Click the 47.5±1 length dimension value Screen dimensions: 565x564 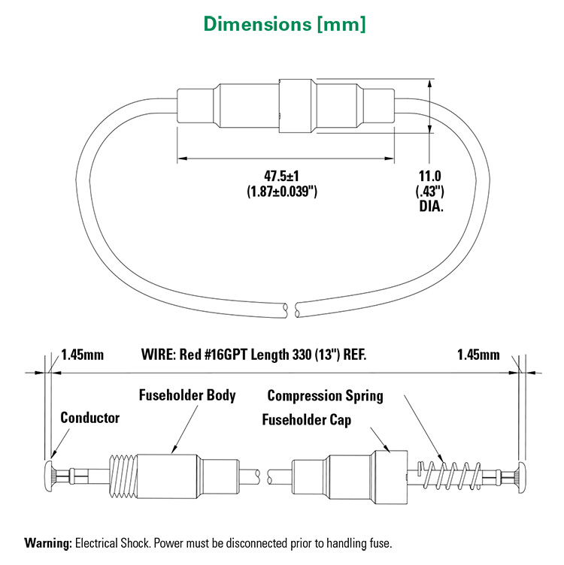pos(282,177)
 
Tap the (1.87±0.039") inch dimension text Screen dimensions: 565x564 pos(282,192)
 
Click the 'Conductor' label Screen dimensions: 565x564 pos(89,418)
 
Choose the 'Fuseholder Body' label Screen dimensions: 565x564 pos(187,395)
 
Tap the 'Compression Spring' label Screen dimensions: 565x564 pos(325,395)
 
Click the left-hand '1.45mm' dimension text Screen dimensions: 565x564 pos(83,354)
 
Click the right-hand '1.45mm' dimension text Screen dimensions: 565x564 pos(478,354)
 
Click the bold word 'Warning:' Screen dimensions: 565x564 pos(49,542)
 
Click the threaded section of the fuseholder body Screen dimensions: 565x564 pos(123,473)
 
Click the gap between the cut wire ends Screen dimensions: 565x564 pos(293,307)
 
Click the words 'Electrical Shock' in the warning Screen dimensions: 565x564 pos(111,542)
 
